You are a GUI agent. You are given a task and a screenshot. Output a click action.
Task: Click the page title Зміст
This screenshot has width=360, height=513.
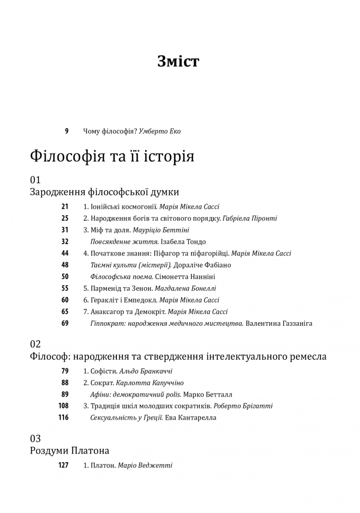pyautogui.click(x=178, y=62)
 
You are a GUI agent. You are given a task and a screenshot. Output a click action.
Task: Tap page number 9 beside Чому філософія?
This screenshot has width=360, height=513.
pyautogui.click(x=66, y=131)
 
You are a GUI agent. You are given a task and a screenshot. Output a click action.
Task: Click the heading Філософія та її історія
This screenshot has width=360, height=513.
pyautogui.click(x=112, y=155)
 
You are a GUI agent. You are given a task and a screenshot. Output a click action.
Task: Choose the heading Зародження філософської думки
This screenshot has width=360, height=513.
pyautogui.click(x=105, y=192)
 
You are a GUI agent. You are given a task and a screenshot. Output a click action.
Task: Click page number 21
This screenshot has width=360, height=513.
pyautogui.click(x=65, y=207)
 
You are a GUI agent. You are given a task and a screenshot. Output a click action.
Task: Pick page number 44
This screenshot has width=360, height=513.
pyautogui.click(x=65, y=253)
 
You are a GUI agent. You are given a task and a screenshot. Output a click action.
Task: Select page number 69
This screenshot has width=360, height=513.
pyautogui.click(x=65, y=323)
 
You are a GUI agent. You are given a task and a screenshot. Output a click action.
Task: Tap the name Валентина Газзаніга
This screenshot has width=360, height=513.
pyautogui.click(x=279, y=323)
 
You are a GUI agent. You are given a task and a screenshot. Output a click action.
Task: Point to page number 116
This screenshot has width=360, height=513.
pyautogui.click(x=63, y=418)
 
